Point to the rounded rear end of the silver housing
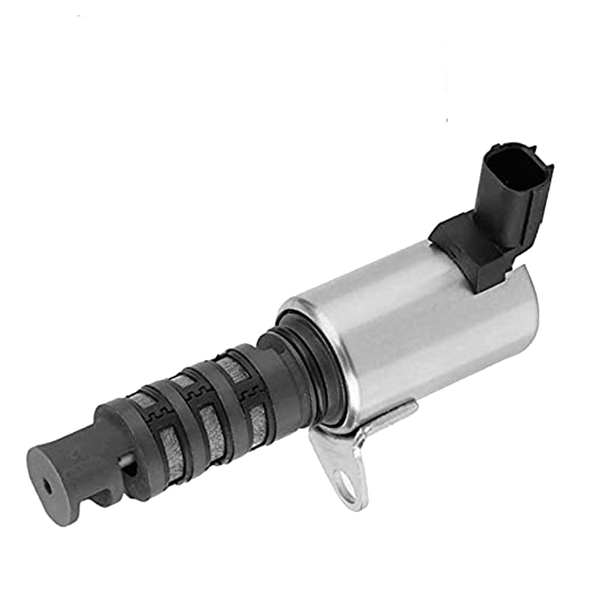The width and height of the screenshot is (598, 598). click(529, 317)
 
